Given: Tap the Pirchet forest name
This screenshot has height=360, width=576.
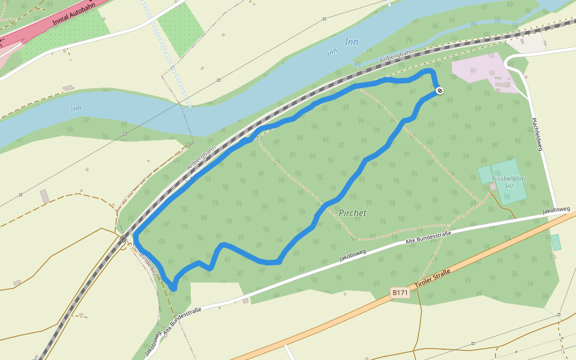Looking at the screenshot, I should tap(352, 213).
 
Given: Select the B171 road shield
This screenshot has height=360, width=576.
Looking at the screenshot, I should tap(400, 293).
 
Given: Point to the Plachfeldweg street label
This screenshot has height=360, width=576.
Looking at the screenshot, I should tap(536, 134).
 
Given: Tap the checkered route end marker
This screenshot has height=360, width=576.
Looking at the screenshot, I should tap(440, 91).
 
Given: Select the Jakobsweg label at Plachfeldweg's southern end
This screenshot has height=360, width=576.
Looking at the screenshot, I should tap(556, 210).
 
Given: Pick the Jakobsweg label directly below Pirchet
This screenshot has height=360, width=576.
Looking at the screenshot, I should tap(352, 255).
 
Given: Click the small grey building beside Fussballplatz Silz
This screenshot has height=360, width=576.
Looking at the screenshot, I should tap(493, 187).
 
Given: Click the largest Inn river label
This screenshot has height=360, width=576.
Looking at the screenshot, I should tap(352, 42).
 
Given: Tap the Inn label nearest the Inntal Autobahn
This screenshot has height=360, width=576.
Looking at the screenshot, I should tap(76, 109).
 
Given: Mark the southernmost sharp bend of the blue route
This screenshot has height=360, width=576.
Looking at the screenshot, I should tap(173, 289).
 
